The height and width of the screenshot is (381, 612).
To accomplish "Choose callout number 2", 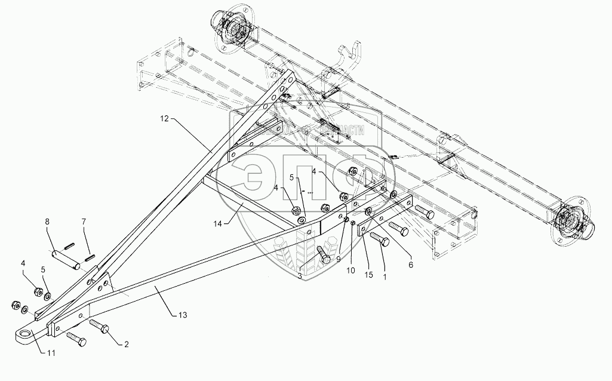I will tap(127, 343).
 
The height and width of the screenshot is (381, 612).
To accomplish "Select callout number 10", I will tap(350, 270).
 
